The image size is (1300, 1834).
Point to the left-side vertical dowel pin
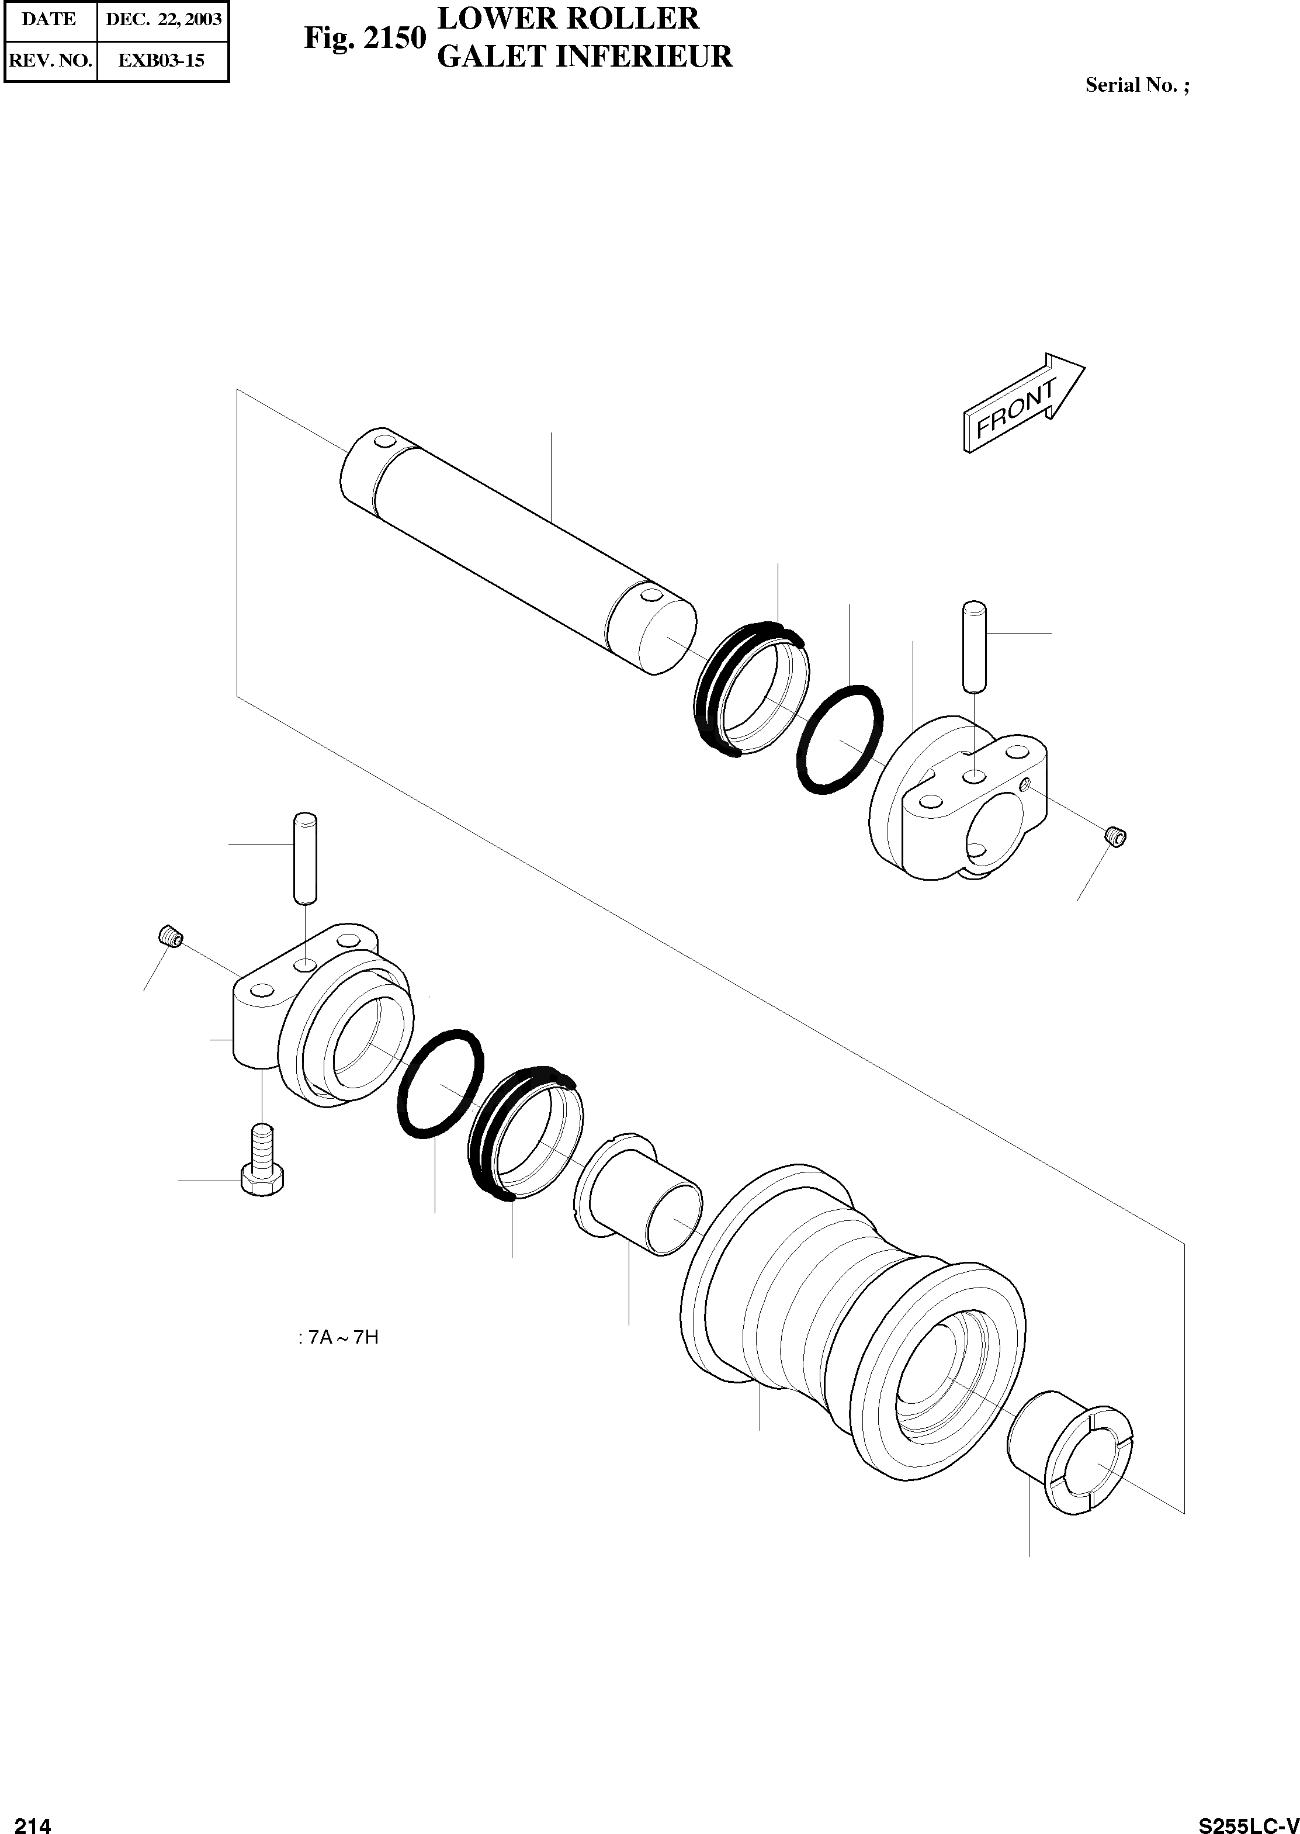click(305, 857)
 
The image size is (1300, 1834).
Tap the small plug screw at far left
click(171, 935)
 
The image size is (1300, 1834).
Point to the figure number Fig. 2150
click(364, 37)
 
